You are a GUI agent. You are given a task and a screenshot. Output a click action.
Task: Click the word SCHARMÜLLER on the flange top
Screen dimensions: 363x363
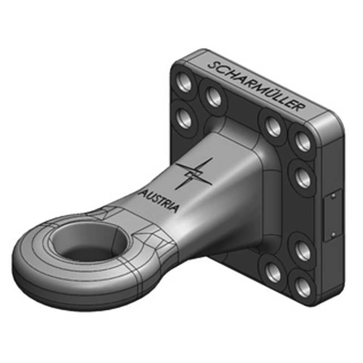(255, 85)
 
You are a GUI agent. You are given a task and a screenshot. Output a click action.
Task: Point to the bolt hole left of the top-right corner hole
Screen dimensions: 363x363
(273, 127)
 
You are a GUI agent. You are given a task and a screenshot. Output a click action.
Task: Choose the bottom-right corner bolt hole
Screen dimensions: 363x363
(303, 286)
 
